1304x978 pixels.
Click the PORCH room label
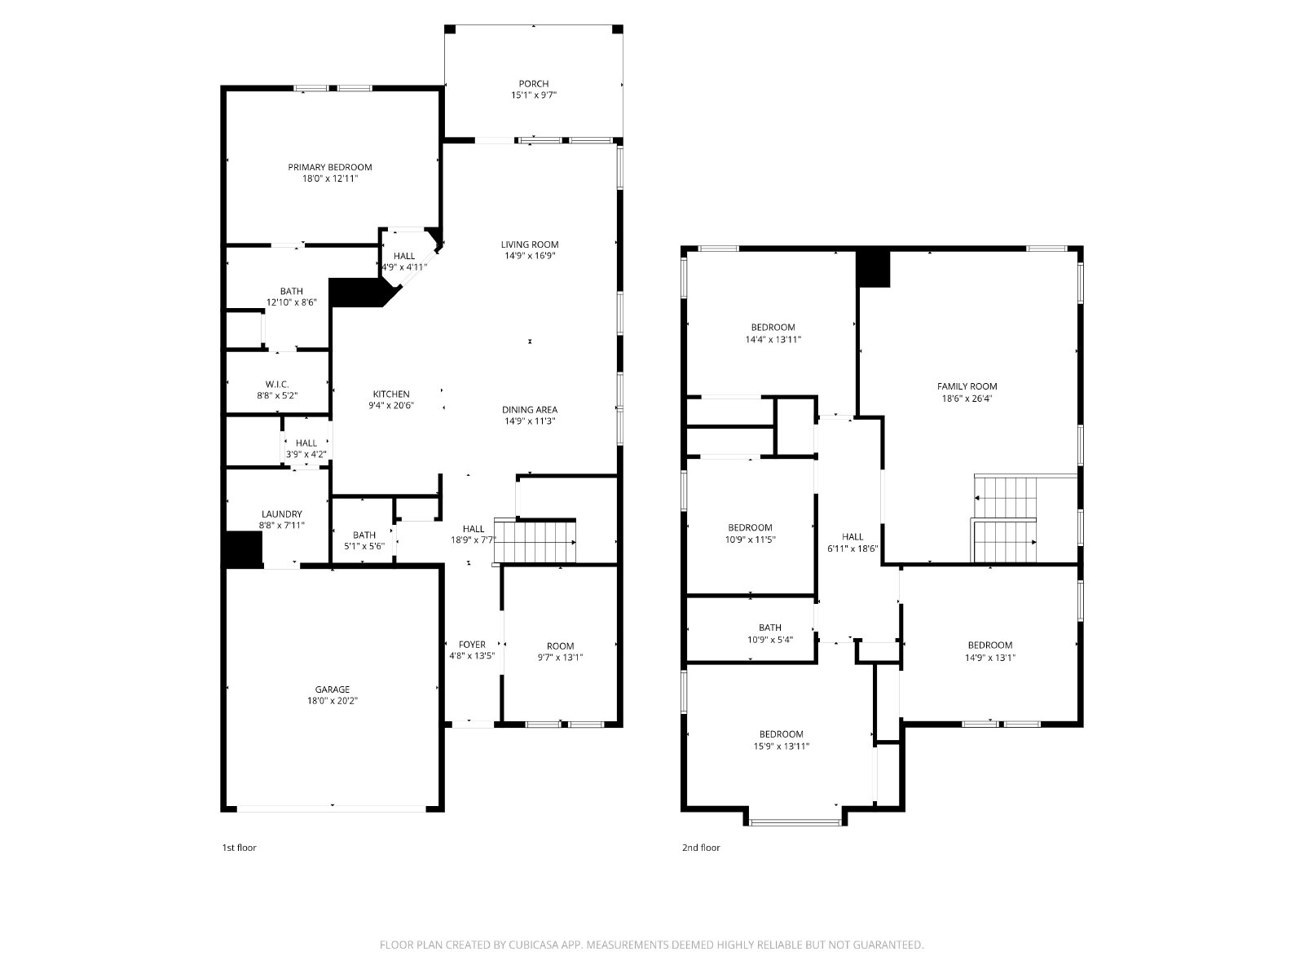(x=534, y=84)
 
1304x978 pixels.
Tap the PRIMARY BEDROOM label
(x=330, y=167)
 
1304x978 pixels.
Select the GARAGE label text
(x=332, y=689)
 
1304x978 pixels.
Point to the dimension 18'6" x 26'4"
(x=967, y=399)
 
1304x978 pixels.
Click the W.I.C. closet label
(x=277, y=384)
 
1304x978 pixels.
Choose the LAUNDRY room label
(x=282, y=514)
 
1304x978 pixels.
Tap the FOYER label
(x=472, y=645)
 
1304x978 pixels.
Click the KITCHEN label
(x=391, y=394)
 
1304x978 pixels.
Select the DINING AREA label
(x=529, y=410)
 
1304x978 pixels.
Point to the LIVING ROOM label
(x=529, y=244)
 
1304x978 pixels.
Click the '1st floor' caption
(x=239, y=848)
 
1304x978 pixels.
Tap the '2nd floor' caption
(x=701, y=848)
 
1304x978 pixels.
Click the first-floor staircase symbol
(x=535, y=541)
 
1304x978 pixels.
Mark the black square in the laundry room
(x=243, y=548)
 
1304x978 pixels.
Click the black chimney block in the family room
(x=874, y=269)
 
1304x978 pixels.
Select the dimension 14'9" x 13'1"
(x=989, y=658)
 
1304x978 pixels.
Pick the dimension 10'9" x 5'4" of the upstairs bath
(x=770, y=640)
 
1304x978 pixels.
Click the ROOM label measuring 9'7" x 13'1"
(x=560, y=646)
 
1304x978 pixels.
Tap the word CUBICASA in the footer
(x=534, y=944)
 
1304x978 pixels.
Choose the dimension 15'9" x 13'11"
(x=782, y=747)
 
